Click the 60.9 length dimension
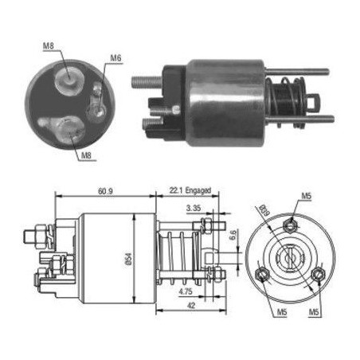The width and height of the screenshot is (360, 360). click(105, 191)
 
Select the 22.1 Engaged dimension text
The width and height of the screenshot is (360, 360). click(190, 190)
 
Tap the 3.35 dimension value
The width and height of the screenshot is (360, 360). click(194, 208)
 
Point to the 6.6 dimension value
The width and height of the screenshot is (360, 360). click(233, 235)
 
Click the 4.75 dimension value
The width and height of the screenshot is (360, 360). click(186, 292)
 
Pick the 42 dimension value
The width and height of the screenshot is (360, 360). click(191, 306)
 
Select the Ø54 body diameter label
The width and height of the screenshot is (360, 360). click(128, 259)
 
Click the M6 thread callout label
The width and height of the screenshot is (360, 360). click(115, 58)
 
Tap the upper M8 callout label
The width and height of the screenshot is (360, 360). click(49, 45)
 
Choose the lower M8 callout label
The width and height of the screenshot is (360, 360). click(86, 155)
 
